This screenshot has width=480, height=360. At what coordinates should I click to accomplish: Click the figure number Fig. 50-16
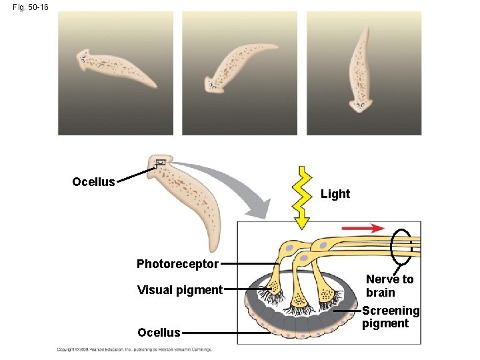[x=29, y=7]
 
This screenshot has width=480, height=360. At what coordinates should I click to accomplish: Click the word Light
[x=335, y=194]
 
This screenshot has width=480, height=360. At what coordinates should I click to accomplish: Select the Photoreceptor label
[x=177, y=264]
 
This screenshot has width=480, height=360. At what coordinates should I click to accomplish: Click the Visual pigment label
[x=179, y=290]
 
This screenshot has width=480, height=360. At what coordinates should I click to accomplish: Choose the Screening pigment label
[x=390, y=317]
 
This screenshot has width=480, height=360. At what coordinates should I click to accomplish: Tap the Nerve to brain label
[x=389, y=286]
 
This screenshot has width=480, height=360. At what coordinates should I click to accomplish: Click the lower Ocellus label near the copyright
[x=159, y=333]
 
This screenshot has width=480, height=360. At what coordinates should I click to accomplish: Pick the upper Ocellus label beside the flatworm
[x=93, y=182]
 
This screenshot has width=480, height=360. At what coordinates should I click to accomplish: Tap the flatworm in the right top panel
[x=361, y=70]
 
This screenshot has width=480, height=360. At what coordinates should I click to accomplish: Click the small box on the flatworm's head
[x=160, y=163]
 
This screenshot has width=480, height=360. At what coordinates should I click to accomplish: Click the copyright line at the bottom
[x=134, y=349]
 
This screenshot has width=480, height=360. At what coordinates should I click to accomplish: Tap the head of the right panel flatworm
[x=361, y=103]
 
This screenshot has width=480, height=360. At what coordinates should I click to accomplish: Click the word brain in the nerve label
[x=381, y=293]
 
